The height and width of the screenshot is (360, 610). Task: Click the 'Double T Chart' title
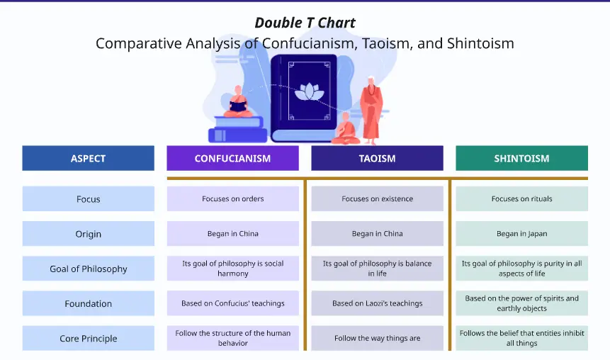(x=305, y=22)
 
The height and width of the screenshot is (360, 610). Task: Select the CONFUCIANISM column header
(x=232, y=158)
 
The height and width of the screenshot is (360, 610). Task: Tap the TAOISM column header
(x=377, y=158)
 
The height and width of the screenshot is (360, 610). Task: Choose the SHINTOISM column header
(x=521, y=158)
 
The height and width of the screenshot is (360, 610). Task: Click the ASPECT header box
(x=88, y=158)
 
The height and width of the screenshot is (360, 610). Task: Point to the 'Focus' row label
(x=88, y=199)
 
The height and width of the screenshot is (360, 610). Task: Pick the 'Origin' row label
(x=88, y=234)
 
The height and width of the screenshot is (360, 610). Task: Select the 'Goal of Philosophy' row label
(x=88, y=269)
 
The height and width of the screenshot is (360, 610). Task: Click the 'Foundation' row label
(x=88, y=303)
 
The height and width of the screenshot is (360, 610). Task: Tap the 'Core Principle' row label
(x=88, y=338)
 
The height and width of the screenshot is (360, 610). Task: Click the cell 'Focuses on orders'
(x=232, y=199)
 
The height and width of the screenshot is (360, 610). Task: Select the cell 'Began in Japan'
(x=521, y=234)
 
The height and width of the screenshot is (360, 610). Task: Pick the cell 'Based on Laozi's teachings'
(x=377, y=303)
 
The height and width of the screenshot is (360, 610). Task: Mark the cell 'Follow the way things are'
(x=377, y=338)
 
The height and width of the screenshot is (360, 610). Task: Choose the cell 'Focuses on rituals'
(x=521, y=199)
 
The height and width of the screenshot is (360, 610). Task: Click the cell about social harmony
(x=232, y=269)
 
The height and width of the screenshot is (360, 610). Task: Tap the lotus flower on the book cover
(x=307, y=91)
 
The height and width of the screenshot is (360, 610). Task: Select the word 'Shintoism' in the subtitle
(x=480, y=43)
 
